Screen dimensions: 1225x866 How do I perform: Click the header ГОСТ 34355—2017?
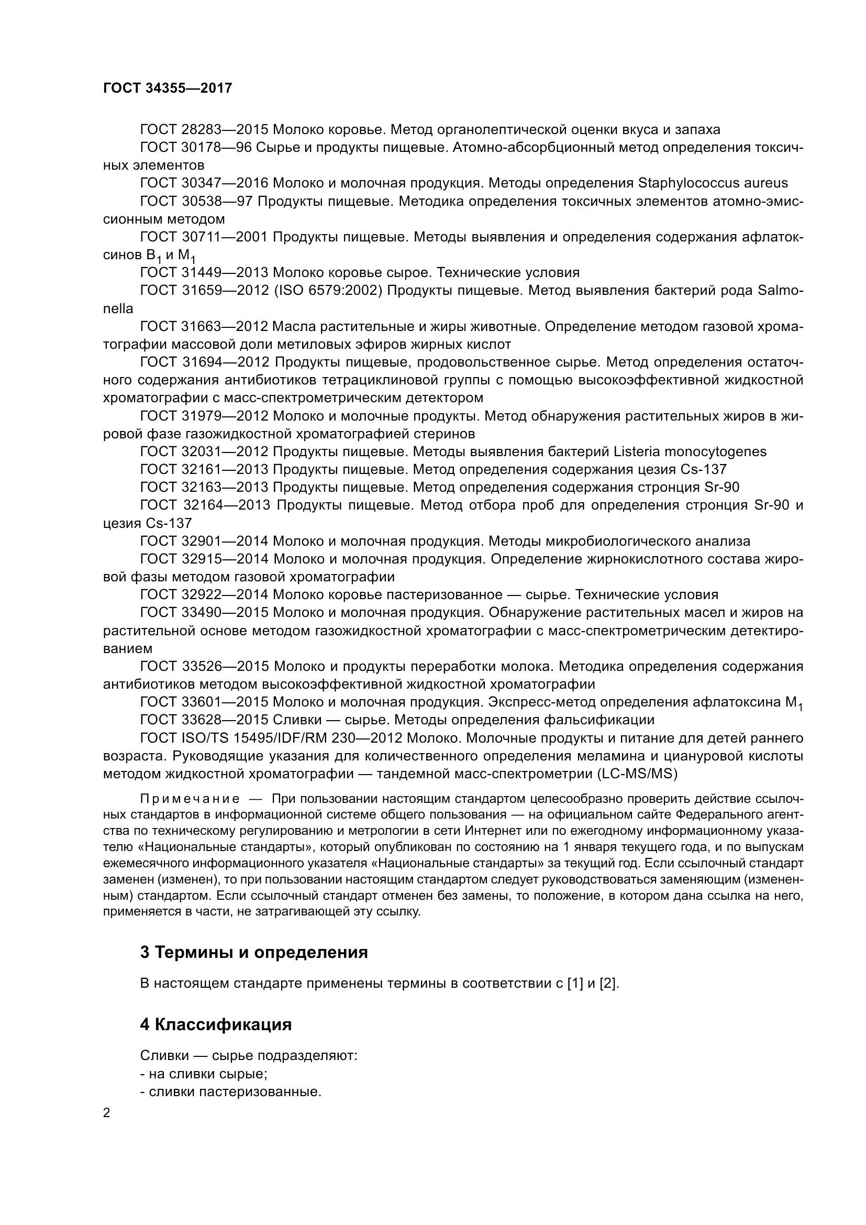(168, 88)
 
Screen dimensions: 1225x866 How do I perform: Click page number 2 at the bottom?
(107, 1113)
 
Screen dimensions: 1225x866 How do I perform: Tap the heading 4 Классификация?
(215, 1024)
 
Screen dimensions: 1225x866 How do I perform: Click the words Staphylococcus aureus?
(713, 183)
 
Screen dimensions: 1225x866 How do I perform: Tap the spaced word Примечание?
(190, 799)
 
